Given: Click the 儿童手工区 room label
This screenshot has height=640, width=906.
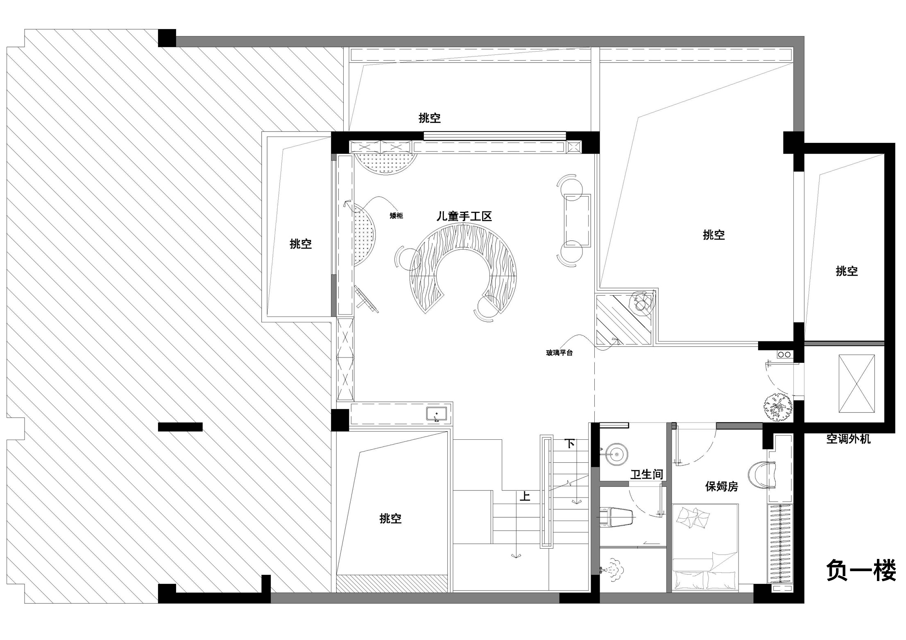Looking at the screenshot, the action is point(464,216).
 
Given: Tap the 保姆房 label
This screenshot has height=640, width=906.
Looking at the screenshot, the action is point(721,486).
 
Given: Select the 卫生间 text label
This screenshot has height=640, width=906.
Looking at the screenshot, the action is point(646,474).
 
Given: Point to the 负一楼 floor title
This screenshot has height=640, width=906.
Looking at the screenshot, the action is point(861,571).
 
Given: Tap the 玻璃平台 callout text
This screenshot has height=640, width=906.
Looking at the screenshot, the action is point(559,353).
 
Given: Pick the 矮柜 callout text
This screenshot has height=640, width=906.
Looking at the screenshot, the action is point(396,215).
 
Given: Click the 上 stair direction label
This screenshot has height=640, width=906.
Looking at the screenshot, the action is point(525,496).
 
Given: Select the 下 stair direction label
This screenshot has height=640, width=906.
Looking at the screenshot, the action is point(570,443).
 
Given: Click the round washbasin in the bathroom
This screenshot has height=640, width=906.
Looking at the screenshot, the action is point(617,453).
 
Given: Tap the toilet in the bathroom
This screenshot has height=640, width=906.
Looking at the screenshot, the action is point(617,517).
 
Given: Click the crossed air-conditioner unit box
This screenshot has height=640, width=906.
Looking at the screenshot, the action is point(856,384).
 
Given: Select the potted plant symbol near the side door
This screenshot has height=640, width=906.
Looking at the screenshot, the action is point(777,407).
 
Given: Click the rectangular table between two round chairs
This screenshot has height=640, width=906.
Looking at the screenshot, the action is point(578,220).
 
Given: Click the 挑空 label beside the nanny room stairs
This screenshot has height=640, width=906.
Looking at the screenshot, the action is point(390,518).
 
